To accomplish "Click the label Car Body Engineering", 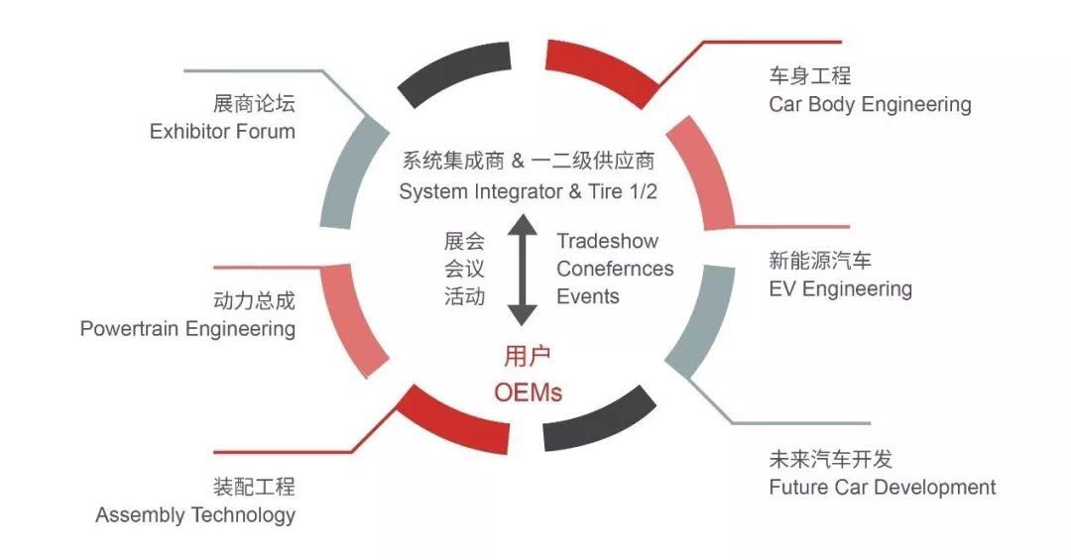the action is (870, 104).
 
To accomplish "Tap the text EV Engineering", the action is (840, 288).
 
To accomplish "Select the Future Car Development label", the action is (882, 487).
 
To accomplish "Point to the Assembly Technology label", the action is (195, 515).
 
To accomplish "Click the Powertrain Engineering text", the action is (187, 328).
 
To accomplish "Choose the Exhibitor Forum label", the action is (222, 131).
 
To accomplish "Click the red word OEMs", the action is (528, 392).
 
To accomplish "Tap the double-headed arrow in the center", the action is (523, 270).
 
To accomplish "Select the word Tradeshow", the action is (607, 241).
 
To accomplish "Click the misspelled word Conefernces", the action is (615, 269).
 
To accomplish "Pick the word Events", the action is (587, 296).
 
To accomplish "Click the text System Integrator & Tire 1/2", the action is (528, 191).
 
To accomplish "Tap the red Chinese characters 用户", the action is (528, 356).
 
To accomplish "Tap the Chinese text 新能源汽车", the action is (820, 261).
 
